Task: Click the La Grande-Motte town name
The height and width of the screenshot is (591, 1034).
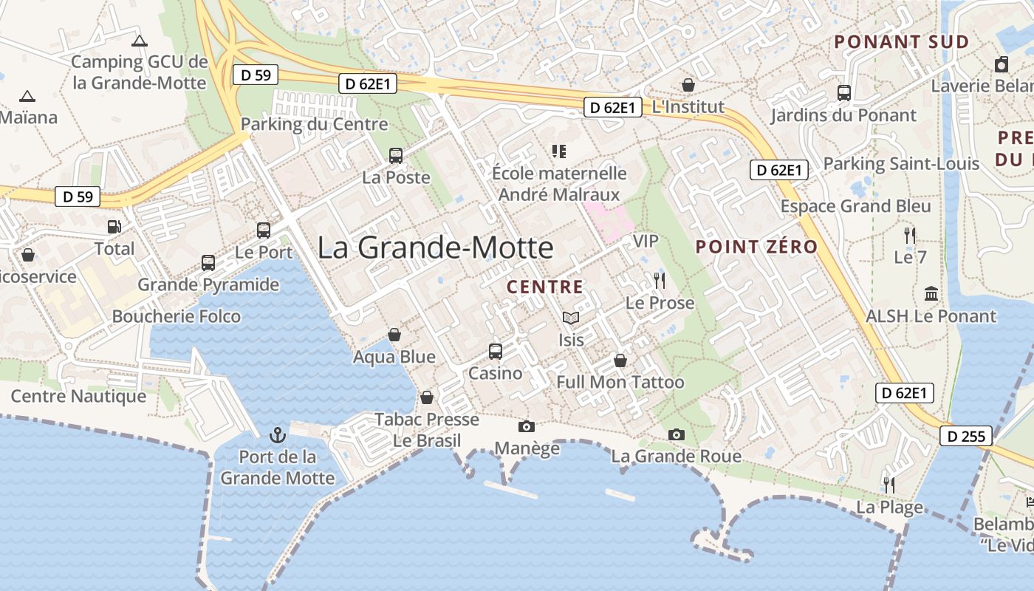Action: (x=435, y=247)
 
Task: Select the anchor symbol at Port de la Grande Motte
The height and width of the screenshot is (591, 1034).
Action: (x=278, y=434)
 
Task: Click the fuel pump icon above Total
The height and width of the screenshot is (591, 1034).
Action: (x=114, y=227)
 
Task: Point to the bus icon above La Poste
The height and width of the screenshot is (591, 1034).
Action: (x=396, y=156)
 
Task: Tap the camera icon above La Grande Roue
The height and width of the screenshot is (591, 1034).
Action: (x=676, y=434)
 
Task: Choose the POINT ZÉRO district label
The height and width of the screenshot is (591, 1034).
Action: (x=757, y=247)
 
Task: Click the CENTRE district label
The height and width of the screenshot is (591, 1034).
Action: (x=545, y=287)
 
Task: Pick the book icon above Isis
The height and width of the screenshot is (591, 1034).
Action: (x=571, y=318)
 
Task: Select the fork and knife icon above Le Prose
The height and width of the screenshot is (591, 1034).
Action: (x=660, y=281)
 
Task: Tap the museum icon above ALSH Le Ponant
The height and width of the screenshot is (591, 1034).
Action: (x=931, y=294)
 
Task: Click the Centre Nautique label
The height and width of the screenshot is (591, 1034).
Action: (x=78, y=397)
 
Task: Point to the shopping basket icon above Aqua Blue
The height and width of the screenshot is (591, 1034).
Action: (x=394, y=335)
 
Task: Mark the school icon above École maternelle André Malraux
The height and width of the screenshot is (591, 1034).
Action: (x=559, y=151)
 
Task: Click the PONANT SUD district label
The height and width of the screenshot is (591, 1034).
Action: (x=901, y=42)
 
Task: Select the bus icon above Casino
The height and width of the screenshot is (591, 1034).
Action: (x=495, y=351)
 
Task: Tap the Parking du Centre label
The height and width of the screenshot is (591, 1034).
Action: (x=314, y=124)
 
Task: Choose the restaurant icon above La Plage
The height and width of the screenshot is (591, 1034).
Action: (x=889, y=485)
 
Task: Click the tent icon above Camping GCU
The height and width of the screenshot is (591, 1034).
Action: (x=139, y=41)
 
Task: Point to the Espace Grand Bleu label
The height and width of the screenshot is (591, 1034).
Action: (x=855, y=206)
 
